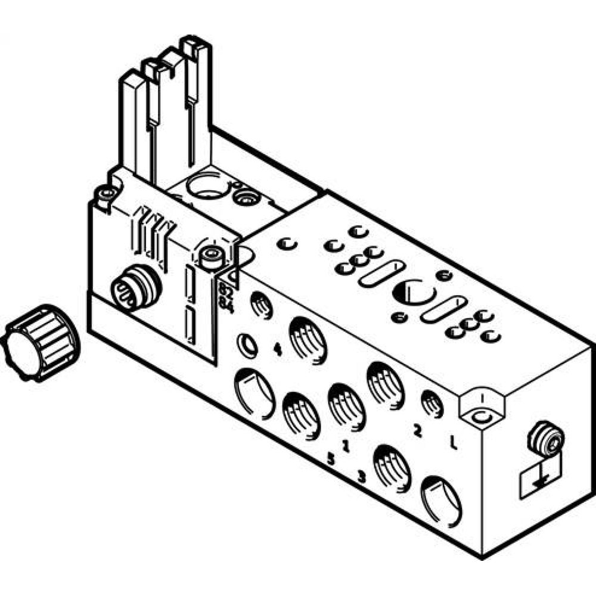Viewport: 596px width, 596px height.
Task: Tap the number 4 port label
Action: click(x=277, y=350)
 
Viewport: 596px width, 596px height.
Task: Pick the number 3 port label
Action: click(x=360, y=476)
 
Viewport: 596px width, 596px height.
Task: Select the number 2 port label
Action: click(x=417, y=430)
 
